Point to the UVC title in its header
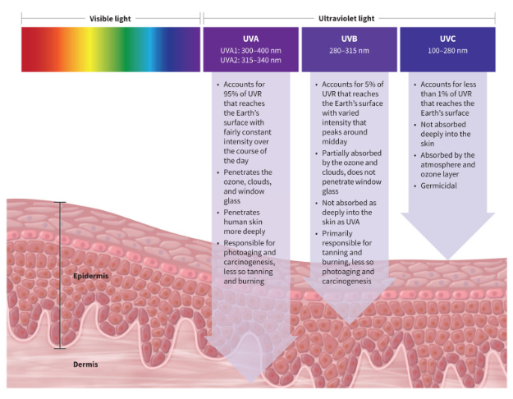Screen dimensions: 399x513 (447, 39)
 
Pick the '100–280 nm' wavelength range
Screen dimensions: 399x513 (447, 51)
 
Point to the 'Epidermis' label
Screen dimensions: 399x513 (89, 277)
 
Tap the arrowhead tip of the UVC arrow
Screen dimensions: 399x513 (447, 259)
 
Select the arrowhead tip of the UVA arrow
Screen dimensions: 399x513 (250, 382)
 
